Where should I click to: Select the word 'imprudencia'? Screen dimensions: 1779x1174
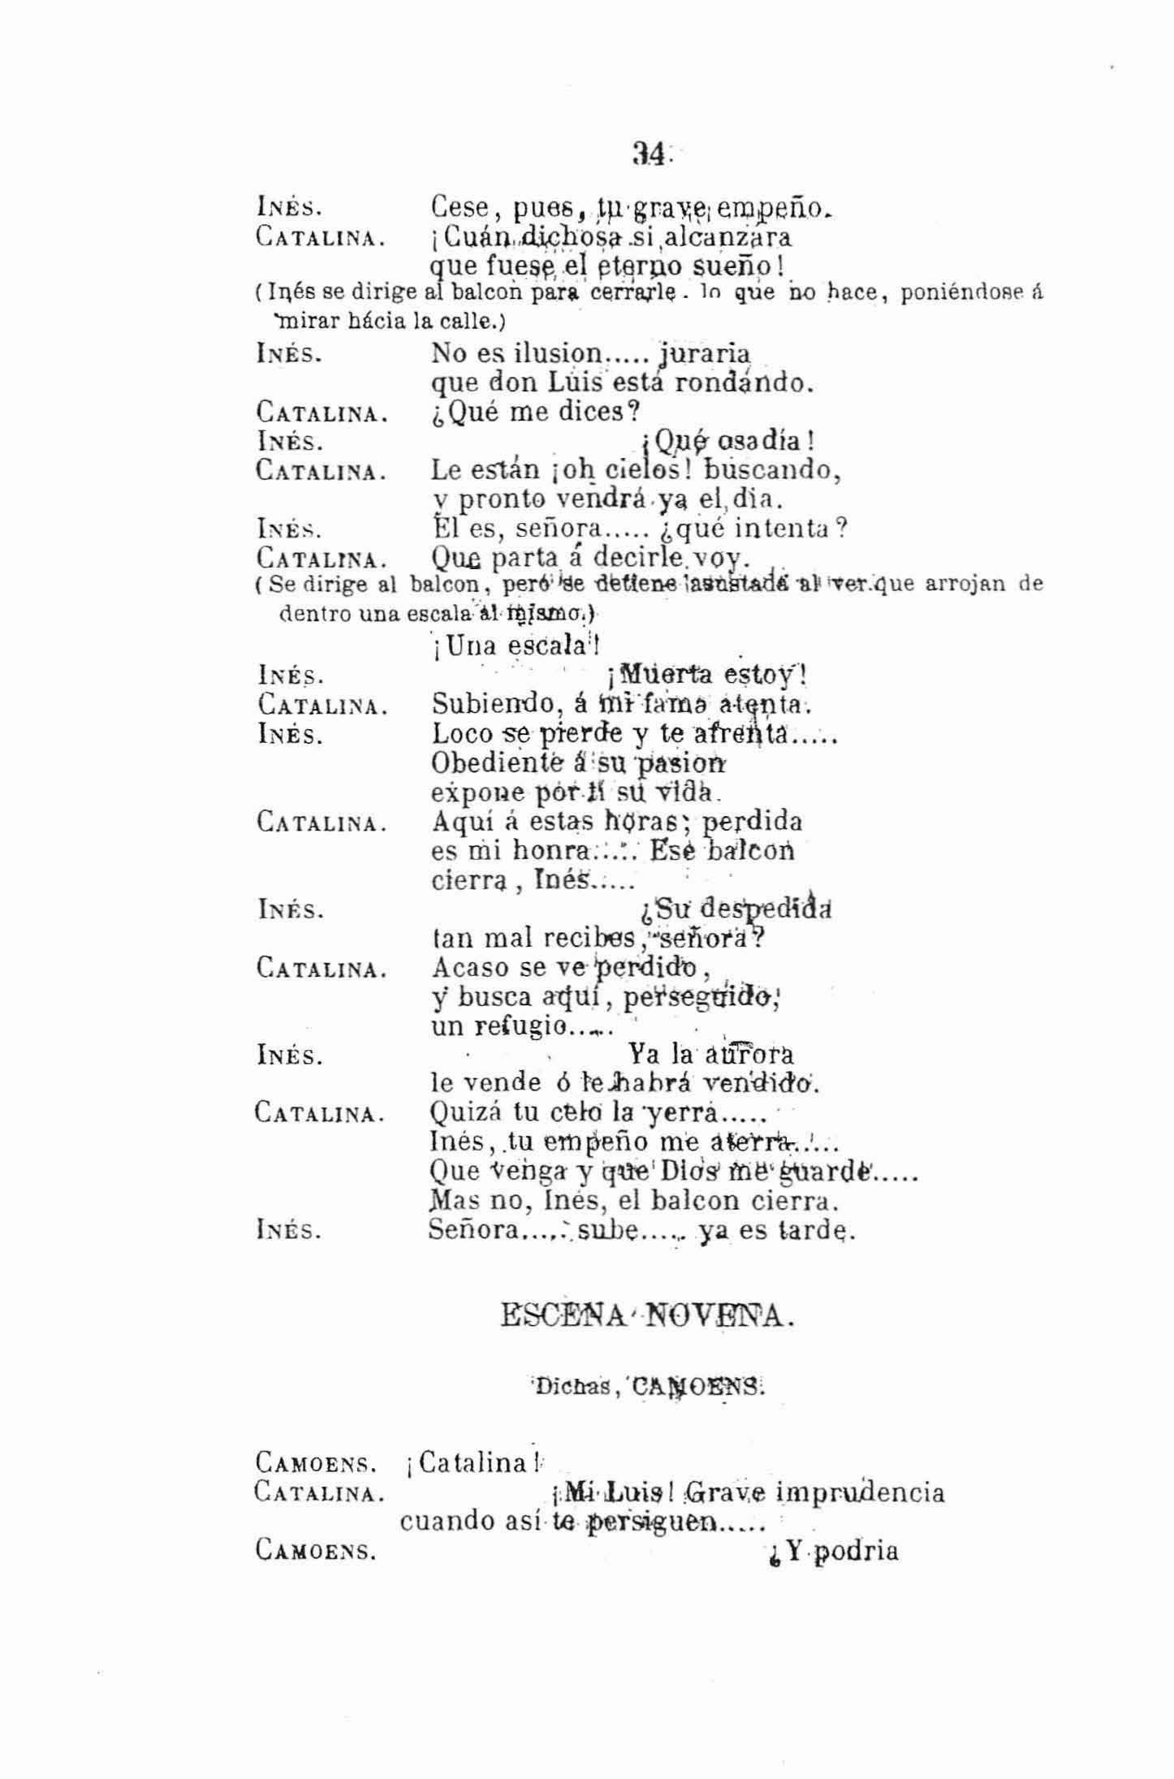coord(861,1492)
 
